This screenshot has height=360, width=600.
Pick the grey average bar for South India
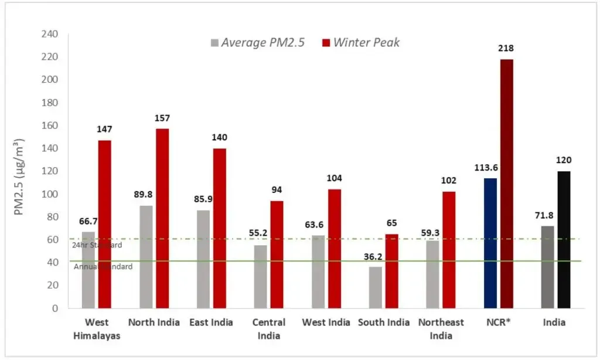376,287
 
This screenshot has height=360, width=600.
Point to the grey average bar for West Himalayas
88,270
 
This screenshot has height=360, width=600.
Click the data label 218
507,49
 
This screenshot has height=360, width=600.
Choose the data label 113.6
488,168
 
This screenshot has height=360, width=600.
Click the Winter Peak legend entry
361,43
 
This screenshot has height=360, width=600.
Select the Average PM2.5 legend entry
257,43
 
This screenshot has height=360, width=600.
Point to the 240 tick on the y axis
50,35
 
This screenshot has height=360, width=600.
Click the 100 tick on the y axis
50,194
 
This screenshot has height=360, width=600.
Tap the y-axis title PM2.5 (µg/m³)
19,176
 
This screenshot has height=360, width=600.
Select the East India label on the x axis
211,322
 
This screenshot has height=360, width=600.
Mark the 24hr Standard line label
97,245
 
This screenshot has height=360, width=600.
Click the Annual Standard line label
103,267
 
